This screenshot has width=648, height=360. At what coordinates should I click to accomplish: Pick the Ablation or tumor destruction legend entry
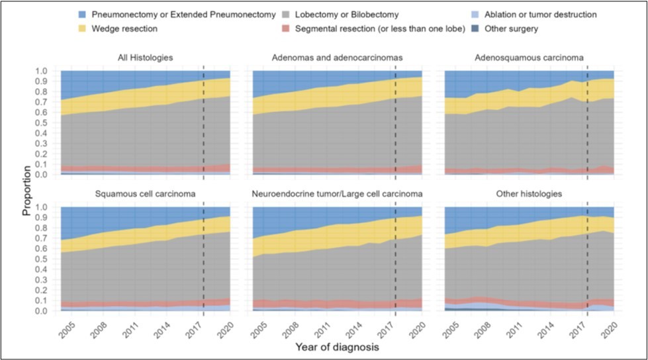coord(541,15)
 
